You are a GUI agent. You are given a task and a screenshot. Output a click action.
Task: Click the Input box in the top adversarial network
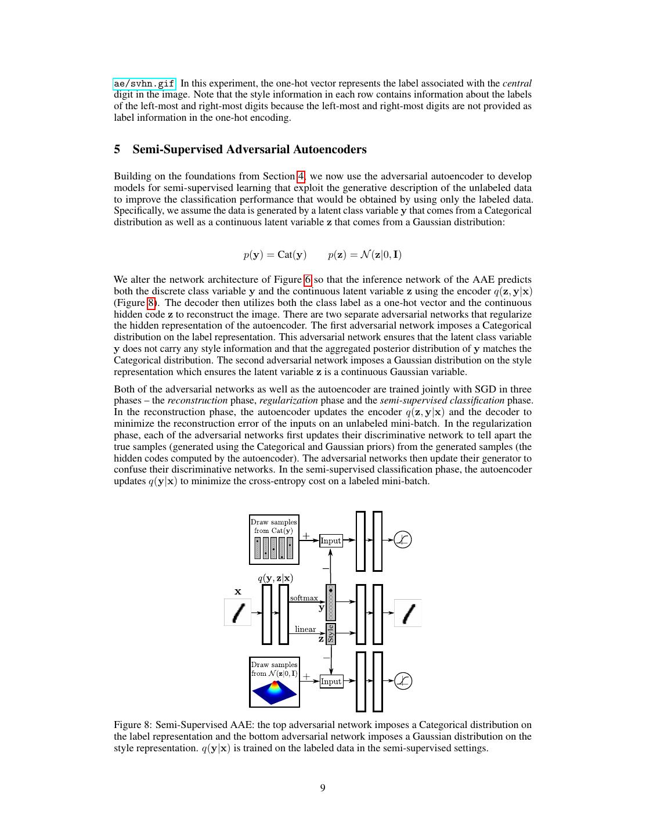330,540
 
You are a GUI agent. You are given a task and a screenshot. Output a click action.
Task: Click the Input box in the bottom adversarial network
331,681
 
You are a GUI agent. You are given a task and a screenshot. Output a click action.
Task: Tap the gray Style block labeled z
331,633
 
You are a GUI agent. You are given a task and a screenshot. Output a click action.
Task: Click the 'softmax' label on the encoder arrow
304,598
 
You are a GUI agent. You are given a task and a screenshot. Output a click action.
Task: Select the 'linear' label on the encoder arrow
305,629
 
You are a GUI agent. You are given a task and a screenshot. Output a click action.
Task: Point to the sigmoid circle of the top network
402,540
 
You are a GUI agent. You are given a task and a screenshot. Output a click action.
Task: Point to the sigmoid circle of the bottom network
403,681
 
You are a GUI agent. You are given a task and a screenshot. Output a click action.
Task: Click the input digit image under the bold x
238,612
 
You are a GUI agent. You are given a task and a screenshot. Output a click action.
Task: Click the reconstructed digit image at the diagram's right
408,613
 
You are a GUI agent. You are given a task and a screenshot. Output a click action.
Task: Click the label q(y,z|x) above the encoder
275,578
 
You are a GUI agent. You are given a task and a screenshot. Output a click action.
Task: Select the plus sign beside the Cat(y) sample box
306,536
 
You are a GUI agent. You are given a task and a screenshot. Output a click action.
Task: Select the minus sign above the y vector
325,568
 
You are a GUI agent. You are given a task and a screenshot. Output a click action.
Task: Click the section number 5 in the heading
117,149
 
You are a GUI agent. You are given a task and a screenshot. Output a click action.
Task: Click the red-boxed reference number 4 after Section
301,176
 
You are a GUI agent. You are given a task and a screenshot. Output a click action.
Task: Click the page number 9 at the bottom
323,788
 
